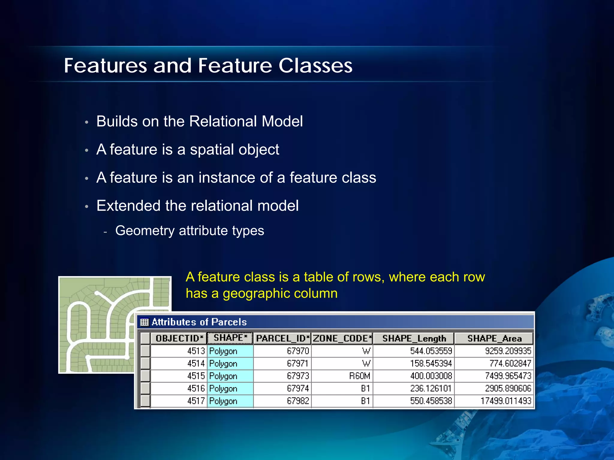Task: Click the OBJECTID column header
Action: [179, 338]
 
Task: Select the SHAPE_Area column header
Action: [494, 338]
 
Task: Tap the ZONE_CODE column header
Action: [342, 338]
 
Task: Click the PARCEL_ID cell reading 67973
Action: [298, 376]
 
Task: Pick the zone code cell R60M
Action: [359, 376]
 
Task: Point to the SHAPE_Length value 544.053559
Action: [431, 351]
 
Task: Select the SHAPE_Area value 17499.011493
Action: [506, 401]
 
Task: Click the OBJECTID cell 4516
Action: [196, 388]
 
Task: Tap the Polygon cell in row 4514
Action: [223, 364]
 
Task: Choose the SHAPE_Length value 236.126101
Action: [431, 388]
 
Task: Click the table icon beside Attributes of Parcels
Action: [145, 322]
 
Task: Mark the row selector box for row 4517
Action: [145, 401]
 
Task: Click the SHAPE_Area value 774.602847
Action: [510, 364]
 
